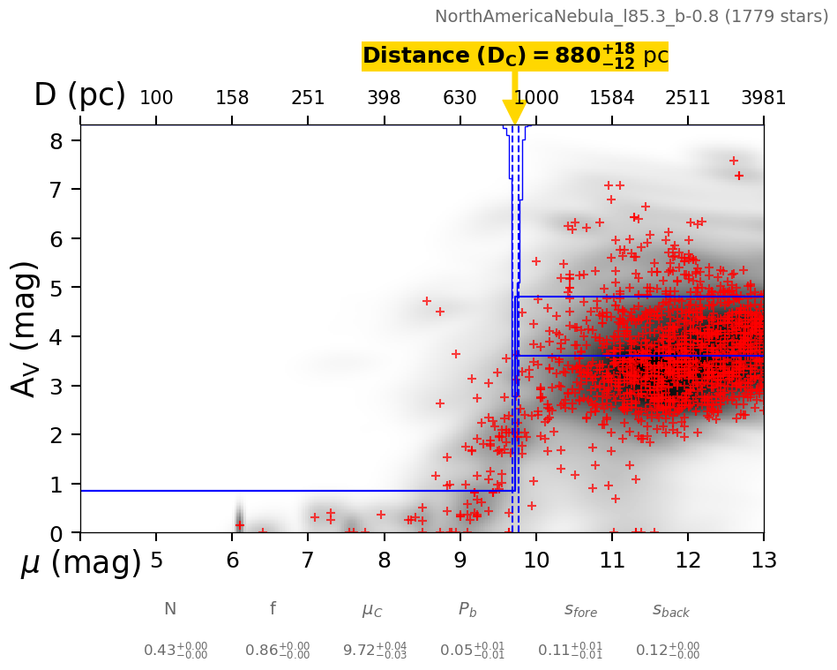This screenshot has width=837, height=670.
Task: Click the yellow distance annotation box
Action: click(515, 56)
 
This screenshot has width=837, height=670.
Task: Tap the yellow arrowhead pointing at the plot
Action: click(514, 112)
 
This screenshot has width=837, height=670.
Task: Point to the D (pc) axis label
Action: click(79, 95)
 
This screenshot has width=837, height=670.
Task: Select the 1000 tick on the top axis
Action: click(536, 98)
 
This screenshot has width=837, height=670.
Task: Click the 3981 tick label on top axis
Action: click(763, 98)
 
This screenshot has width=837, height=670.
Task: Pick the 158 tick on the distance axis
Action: click(232, 98)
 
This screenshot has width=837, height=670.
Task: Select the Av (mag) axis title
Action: click(26, 328)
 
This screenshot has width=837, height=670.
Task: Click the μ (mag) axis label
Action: click(80, 563)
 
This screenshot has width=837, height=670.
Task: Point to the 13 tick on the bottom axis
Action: click(763, 561)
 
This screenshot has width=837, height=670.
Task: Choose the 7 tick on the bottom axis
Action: click(308, 561)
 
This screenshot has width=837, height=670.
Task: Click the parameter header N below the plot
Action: click(170, 609)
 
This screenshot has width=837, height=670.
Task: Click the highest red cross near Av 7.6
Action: click(734, 161)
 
